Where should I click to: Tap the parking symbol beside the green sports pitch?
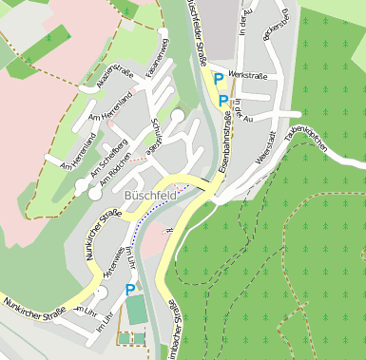click(129, 290)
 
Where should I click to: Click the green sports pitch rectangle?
click(138, 310)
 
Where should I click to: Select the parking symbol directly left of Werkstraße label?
click(219, 79)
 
